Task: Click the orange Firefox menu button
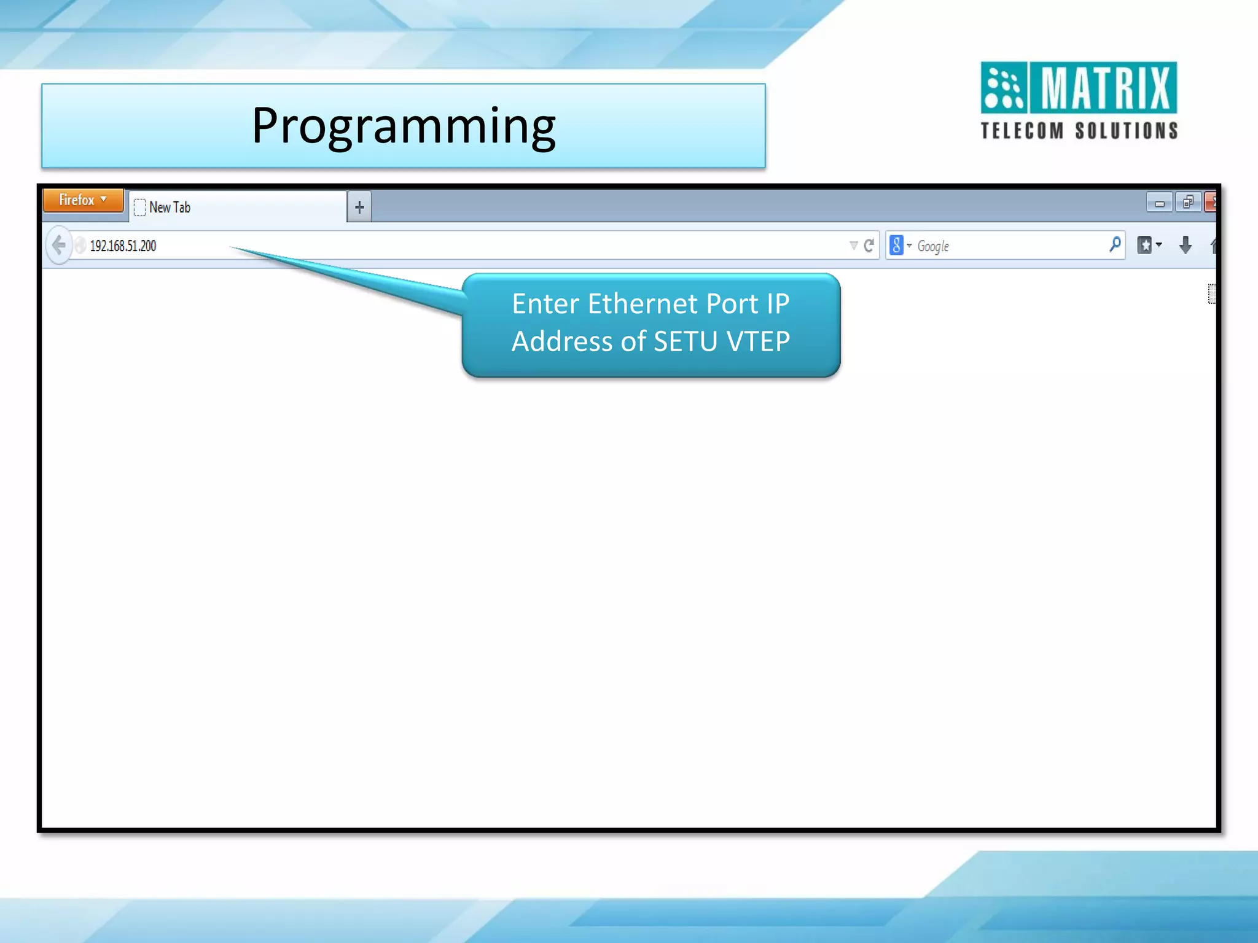[x=82, y=201]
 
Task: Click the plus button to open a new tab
[x=359, y=208]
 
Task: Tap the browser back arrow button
[x=58, y=246]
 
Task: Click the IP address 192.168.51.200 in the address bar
[x=123, y=246]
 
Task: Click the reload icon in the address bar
[x=869, y=246]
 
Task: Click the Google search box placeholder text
[x=933, y=246]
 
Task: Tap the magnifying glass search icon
[x=1115, y=245]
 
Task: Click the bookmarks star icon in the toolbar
[x=1145, y=246]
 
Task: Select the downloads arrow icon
[x=1186, y=246]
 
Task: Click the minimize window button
[x=1159, y=203]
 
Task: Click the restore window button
[x=1188, y=203]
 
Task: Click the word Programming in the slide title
[x=404, y=126]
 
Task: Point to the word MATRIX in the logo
[x=1105, y=88]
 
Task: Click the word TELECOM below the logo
[x=1022, y=131]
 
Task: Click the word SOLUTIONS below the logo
[x=1127, y=131]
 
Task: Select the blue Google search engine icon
[x=897, y=246]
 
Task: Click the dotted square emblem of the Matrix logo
[x=1004, y=88]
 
